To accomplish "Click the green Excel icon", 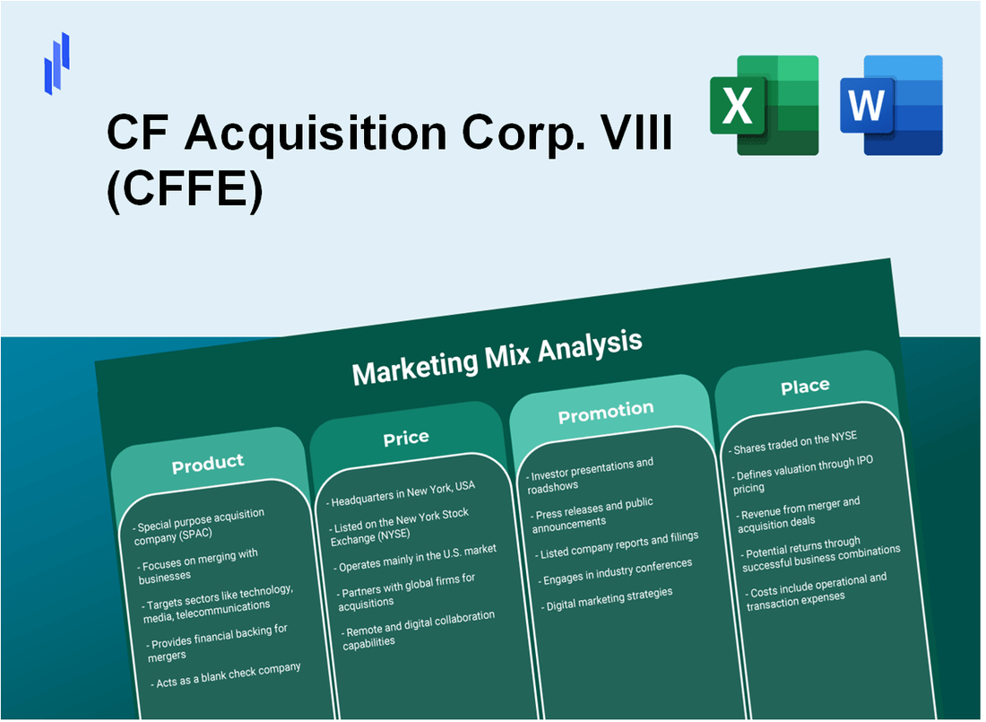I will pyautogui.click(x=764, y=105).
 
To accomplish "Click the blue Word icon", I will pyautogui.click(x=892, y=105).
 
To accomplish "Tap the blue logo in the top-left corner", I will pyautogui.click(x=56, y=64).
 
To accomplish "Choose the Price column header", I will pyautogui.click(x=406, y=438).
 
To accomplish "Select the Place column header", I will pyautogui.click(x=805, y=386).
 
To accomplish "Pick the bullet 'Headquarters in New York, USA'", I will pyautogui.click(x=402, y=491).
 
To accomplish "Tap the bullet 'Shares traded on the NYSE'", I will pyautogui.click(x=795, y=441).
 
